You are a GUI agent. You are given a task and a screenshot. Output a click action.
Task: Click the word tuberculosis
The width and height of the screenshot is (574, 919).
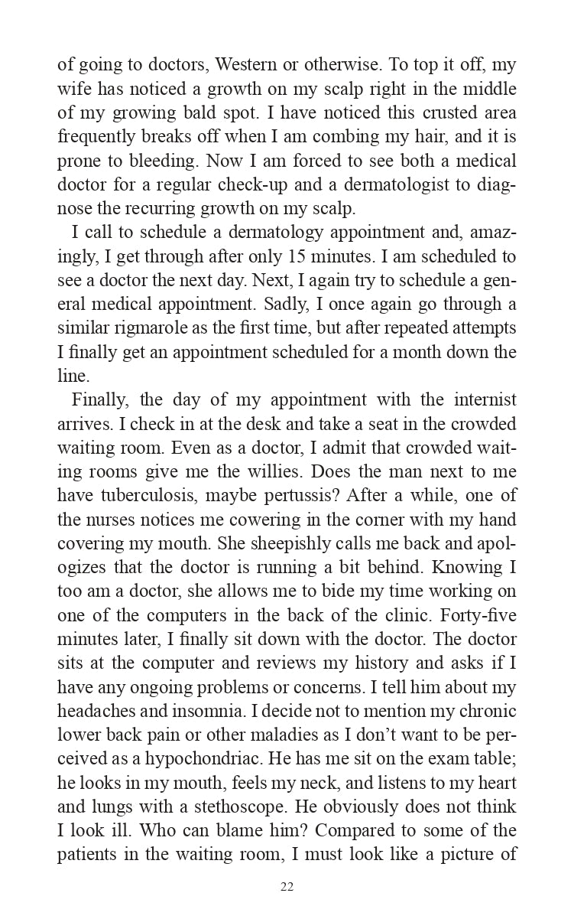click(143, 495)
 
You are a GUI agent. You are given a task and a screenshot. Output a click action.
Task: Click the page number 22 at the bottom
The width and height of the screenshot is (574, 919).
click(287, 887)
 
